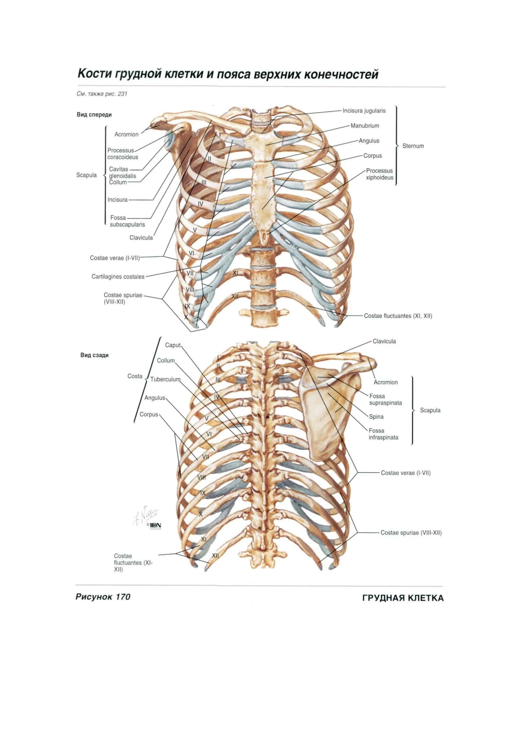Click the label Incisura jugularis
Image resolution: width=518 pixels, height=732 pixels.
pyautogui.click(x=364, y=111)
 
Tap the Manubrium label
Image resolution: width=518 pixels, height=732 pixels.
pyautogui.click(x=365, y=126)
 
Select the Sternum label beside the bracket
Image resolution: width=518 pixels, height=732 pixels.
pyautogui.click(x=413, y=146)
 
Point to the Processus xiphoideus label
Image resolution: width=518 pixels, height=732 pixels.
pyautogui.click(x=379, y=174)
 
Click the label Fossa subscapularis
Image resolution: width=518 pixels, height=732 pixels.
pyautogui.click(x=127, y=221)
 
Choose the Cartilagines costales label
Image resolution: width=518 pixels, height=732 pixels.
pyautogui.click(x=118, y=277)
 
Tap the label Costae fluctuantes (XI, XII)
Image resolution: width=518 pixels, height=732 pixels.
pyautogui.click(x=398, y=316)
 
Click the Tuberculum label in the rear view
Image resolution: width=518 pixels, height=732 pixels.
pyautogui.click(x=165, y=379)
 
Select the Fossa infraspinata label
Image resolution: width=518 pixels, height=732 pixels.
pyautogui.click(x=383, y=434)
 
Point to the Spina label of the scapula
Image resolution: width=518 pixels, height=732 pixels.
pyautogui.click(x=376, y=416)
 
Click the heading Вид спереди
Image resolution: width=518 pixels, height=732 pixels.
pyautogui.click(x=94, y=115)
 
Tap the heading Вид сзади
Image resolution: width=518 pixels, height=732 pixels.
pyautogui.click(x=95, y=355)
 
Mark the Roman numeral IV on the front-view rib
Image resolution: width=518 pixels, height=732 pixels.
pyautogui.click(x=200, y=204)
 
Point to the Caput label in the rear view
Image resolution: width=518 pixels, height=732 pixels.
pyautogui.click(x=173, y=345)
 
